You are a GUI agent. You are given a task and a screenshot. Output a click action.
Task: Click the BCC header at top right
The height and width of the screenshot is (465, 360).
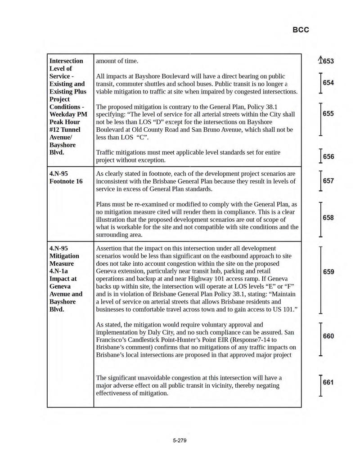coord(301,30)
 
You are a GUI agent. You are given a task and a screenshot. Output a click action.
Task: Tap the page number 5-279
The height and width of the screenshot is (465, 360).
coord(179,440)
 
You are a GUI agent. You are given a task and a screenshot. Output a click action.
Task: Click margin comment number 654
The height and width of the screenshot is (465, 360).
coord(328,83)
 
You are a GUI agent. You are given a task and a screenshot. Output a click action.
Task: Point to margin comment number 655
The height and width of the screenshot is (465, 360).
coord(328,114)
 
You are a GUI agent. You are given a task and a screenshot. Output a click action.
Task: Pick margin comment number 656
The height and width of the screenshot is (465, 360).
coord(328,156)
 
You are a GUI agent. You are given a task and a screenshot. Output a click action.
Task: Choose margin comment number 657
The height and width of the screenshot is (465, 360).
coord(328,181)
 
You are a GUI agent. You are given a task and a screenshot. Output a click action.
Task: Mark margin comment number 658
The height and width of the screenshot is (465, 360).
coord(328,218)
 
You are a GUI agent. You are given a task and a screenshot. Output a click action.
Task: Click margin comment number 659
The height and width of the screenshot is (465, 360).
coord(328,272)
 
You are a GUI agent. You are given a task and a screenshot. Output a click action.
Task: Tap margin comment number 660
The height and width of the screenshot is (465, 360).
coord(328,336)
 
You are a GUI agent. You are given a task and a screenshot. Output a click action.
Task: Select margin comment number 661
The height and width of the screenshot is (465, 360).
coord(328,383)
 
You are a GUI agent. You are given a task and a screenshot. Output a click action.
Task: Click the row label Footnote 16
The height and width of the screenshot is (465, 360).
coord(66,181)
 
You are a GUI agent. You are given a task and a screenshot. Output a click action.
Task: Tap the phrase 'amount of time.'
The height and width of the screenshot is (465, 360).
coord(117,61)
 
